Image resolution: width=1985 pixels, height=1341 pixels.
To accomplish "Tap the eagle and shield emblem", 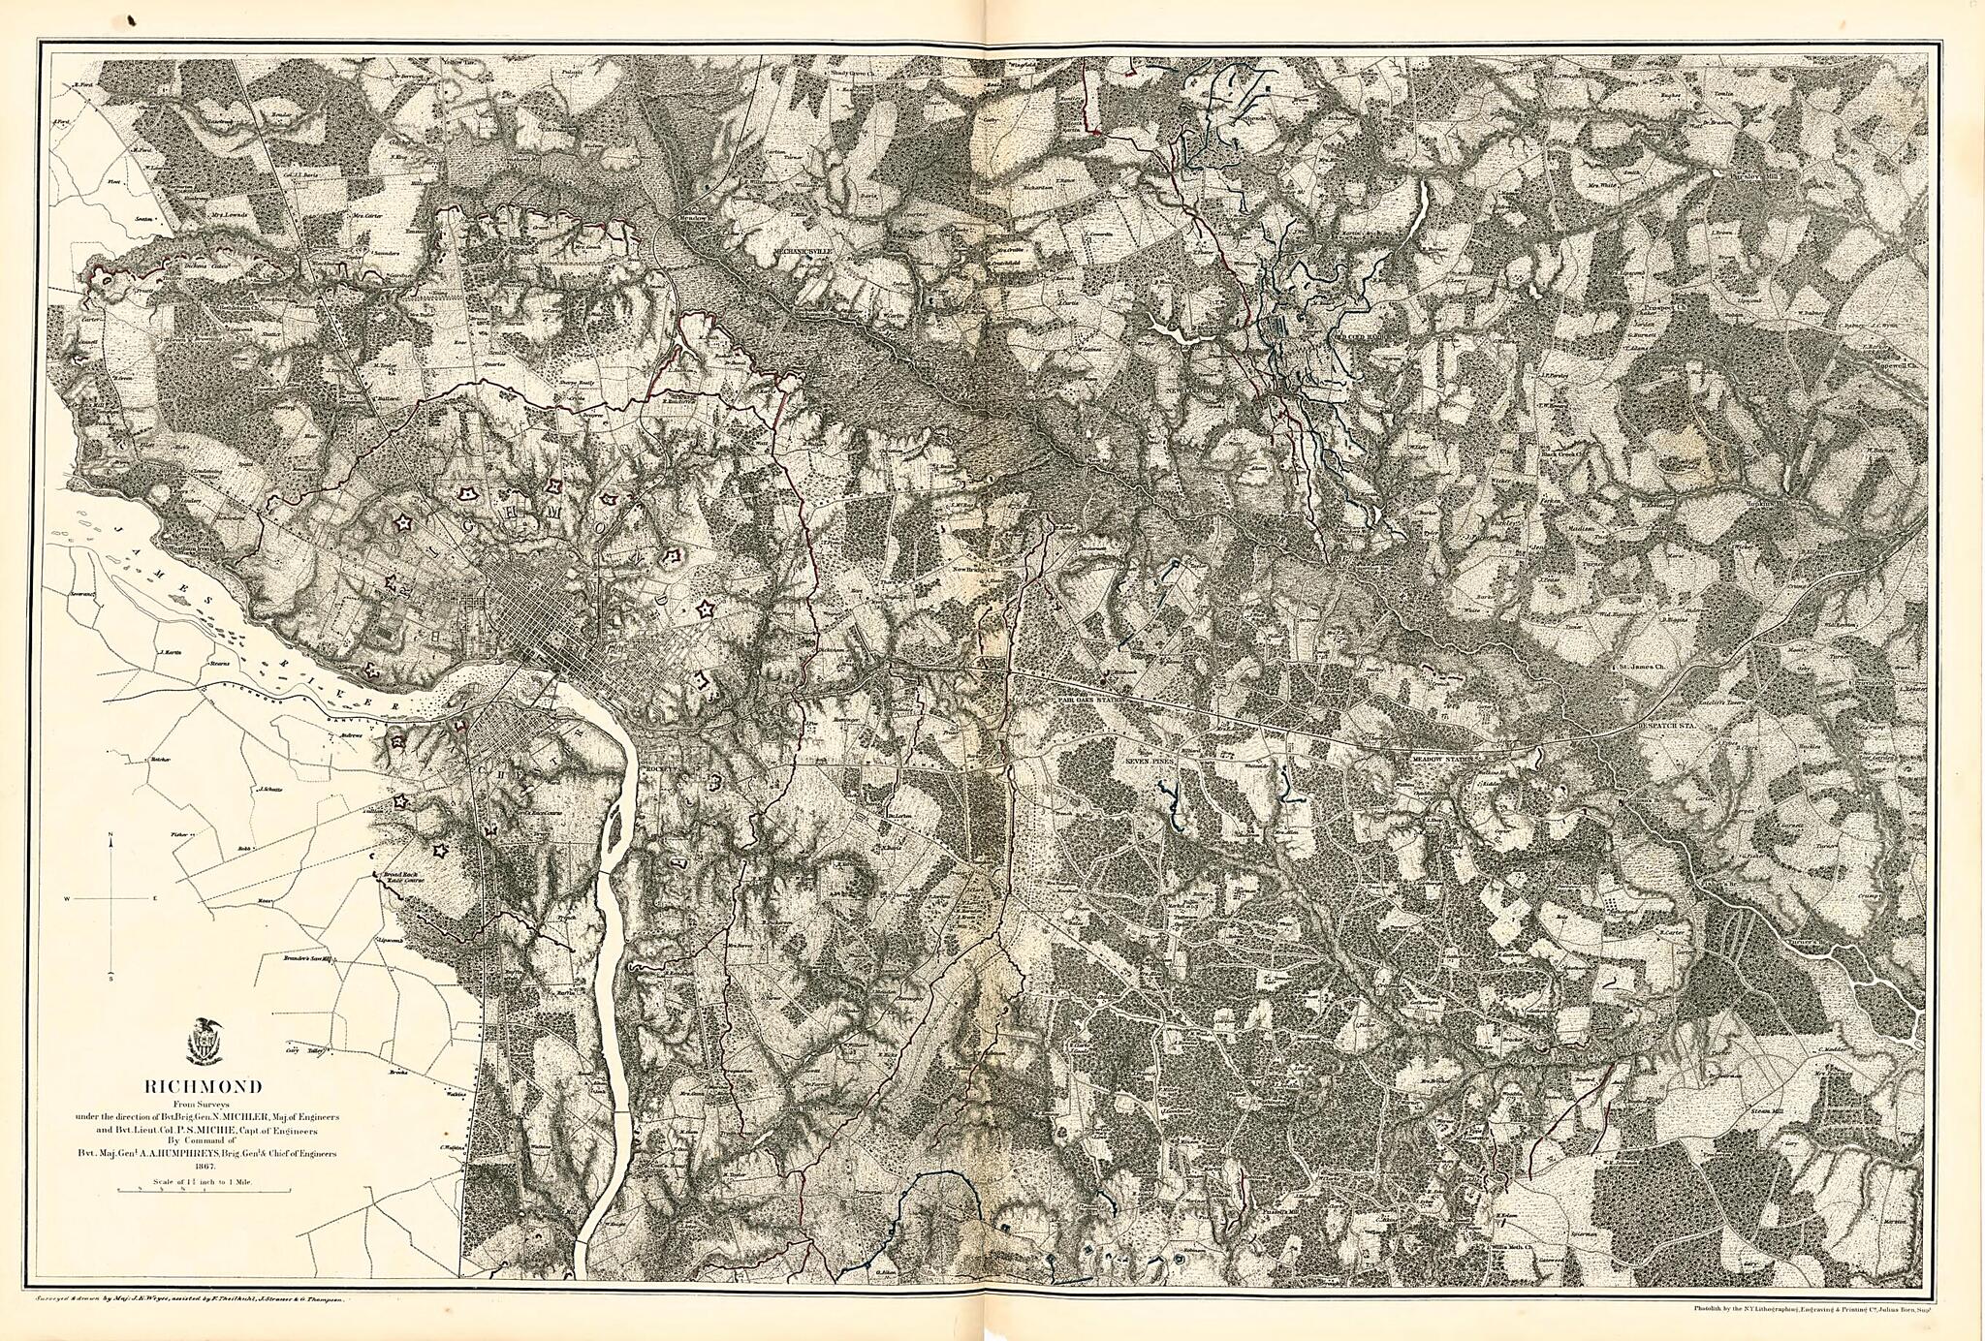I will click(204, 1041).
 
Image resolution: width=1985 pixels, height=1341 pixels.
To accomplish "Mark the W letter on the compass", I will click(67, 900).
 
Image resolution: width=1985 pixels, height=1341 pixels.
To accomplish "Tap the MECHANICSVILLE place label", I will click(803, 249).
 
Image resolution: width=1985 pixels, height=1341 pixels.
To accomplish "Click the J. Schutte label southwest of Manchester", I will click(270, 789).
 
